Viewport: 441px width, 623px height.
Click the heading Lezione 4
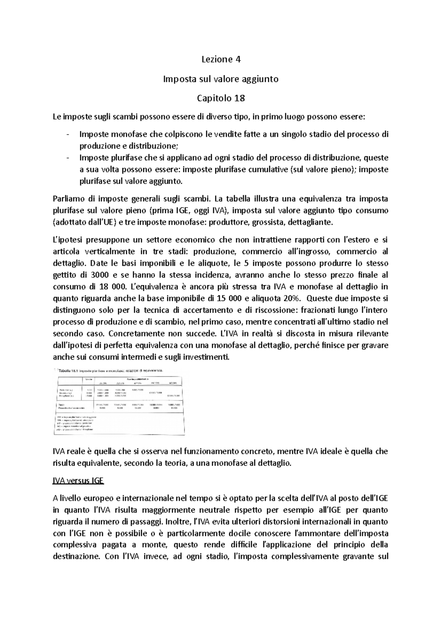(221, 59)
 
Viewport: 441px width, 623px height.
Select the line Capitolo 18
(221, 98)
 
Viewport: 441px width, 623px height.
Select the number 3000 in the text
(99, 275)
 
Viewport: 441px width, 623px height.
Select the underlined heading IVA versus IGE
(78, 481)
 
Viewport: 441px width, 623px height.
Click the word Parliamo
(68, 199)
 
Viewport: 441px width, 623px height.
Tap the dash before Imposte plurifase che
(68, 158)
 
